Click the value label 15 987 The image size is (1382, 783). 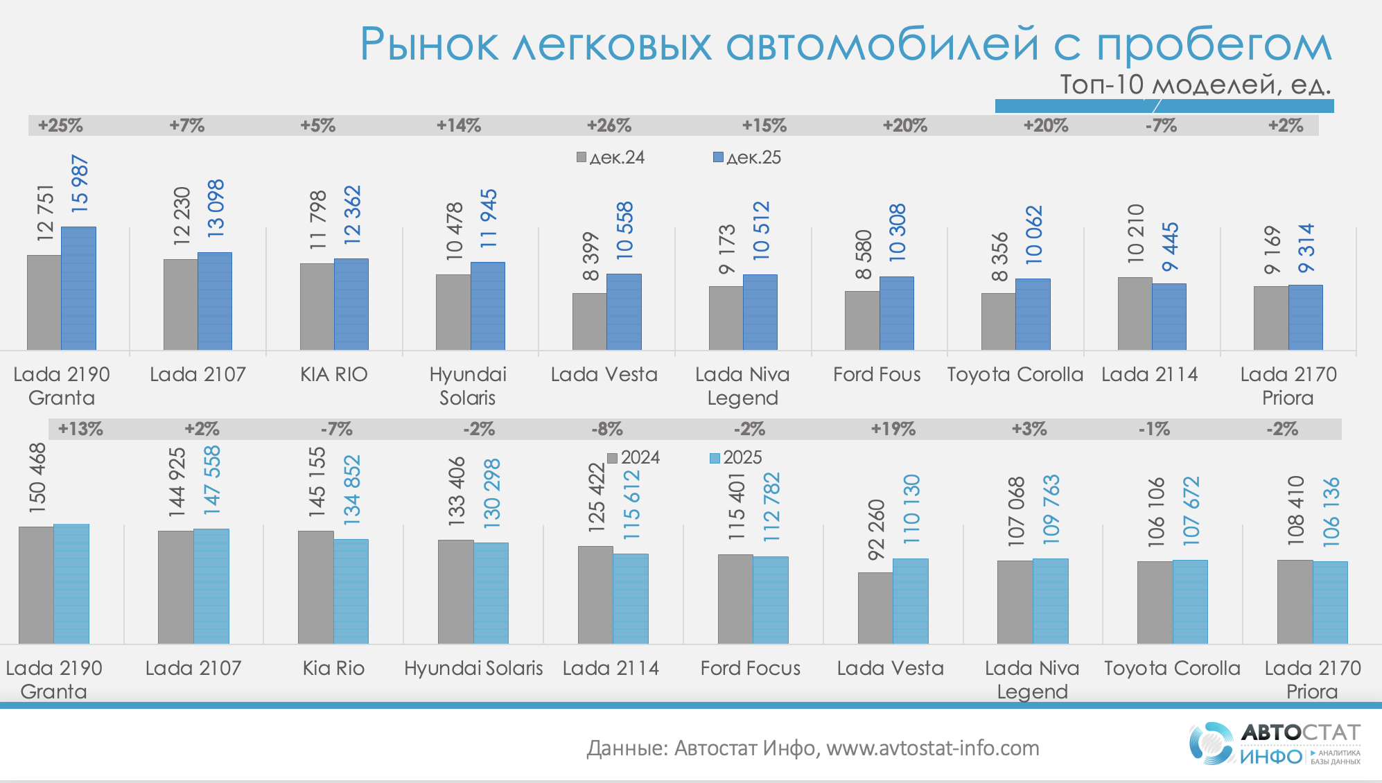[80, 184]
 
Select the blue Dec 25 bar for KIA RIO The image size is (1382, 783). [351, 304]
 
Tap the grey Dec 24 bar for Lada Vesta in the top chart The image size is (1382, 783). [589, 322]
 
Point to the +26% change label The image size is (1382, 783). [609, 125]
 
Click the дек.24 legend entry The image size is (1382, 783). [611, 157]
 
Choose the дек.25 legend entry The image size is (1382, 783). [747, 157]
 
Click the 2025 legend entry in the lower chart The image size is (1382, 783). [735, 457]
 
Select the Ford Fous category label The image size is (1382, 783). [877, 374]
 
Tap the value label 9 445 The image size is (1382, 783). [1170, 247]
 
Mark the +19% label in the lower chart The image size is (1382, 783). [893, 429]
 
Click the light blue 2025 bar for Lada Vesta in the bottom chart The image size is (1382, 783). [911, 601]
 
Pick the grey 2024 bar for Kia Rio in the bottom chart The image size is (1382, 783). [315, 587]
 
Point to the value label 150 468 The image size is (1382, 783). [37, 478]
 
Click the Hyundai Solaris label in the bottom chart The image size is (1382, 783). [473, 668]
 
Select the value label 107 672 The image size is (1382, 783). [1191, 511]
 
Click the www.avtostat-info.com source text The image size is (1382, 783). [932, 748]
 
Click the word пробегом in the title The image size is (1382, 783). [1214, 45]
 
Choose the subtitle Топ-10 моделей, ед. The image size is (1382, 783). [1195, 85]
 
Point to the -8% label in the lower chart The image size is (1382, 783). [606, 429]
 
